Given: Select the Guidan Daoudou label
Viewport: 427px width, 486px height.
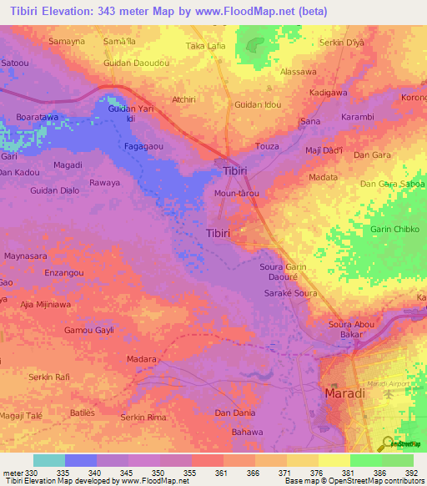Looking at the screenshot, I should [136, 63].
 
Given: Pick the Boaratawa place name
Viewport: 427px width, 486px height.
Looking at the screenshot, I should [38, 119].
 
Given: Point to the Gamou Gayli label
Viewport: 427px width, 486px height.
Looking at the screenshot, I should [89, 332].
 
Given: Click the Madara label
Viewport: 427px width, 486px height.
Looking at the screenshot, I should [142, 359].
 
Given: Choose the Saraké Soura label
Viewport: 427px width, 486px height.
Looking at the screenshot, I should [291, 294].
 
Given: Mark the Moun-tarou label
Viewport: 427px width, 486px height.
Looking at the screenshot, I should [237, 194].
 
